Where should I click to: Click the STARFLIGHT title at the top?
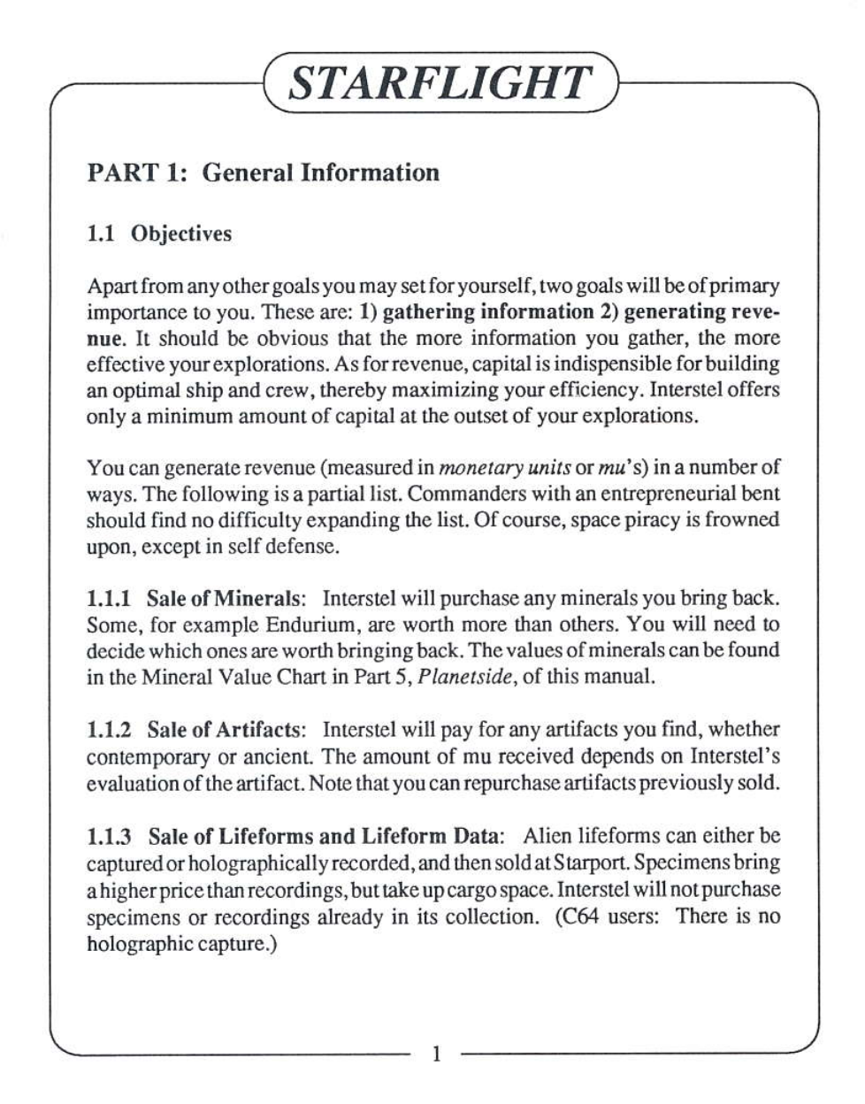(439, 84)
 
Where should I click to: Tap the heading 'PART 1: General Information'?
(263, 172)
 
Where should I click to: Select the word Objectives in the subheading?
(181, 234)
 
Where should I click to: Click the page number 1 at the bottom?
(434, 1053)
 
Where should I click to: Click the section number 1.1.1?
(109, 598)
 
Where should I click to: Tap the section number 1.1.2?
(109, 730)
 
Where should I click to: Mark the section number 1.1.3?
(109, 836)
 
